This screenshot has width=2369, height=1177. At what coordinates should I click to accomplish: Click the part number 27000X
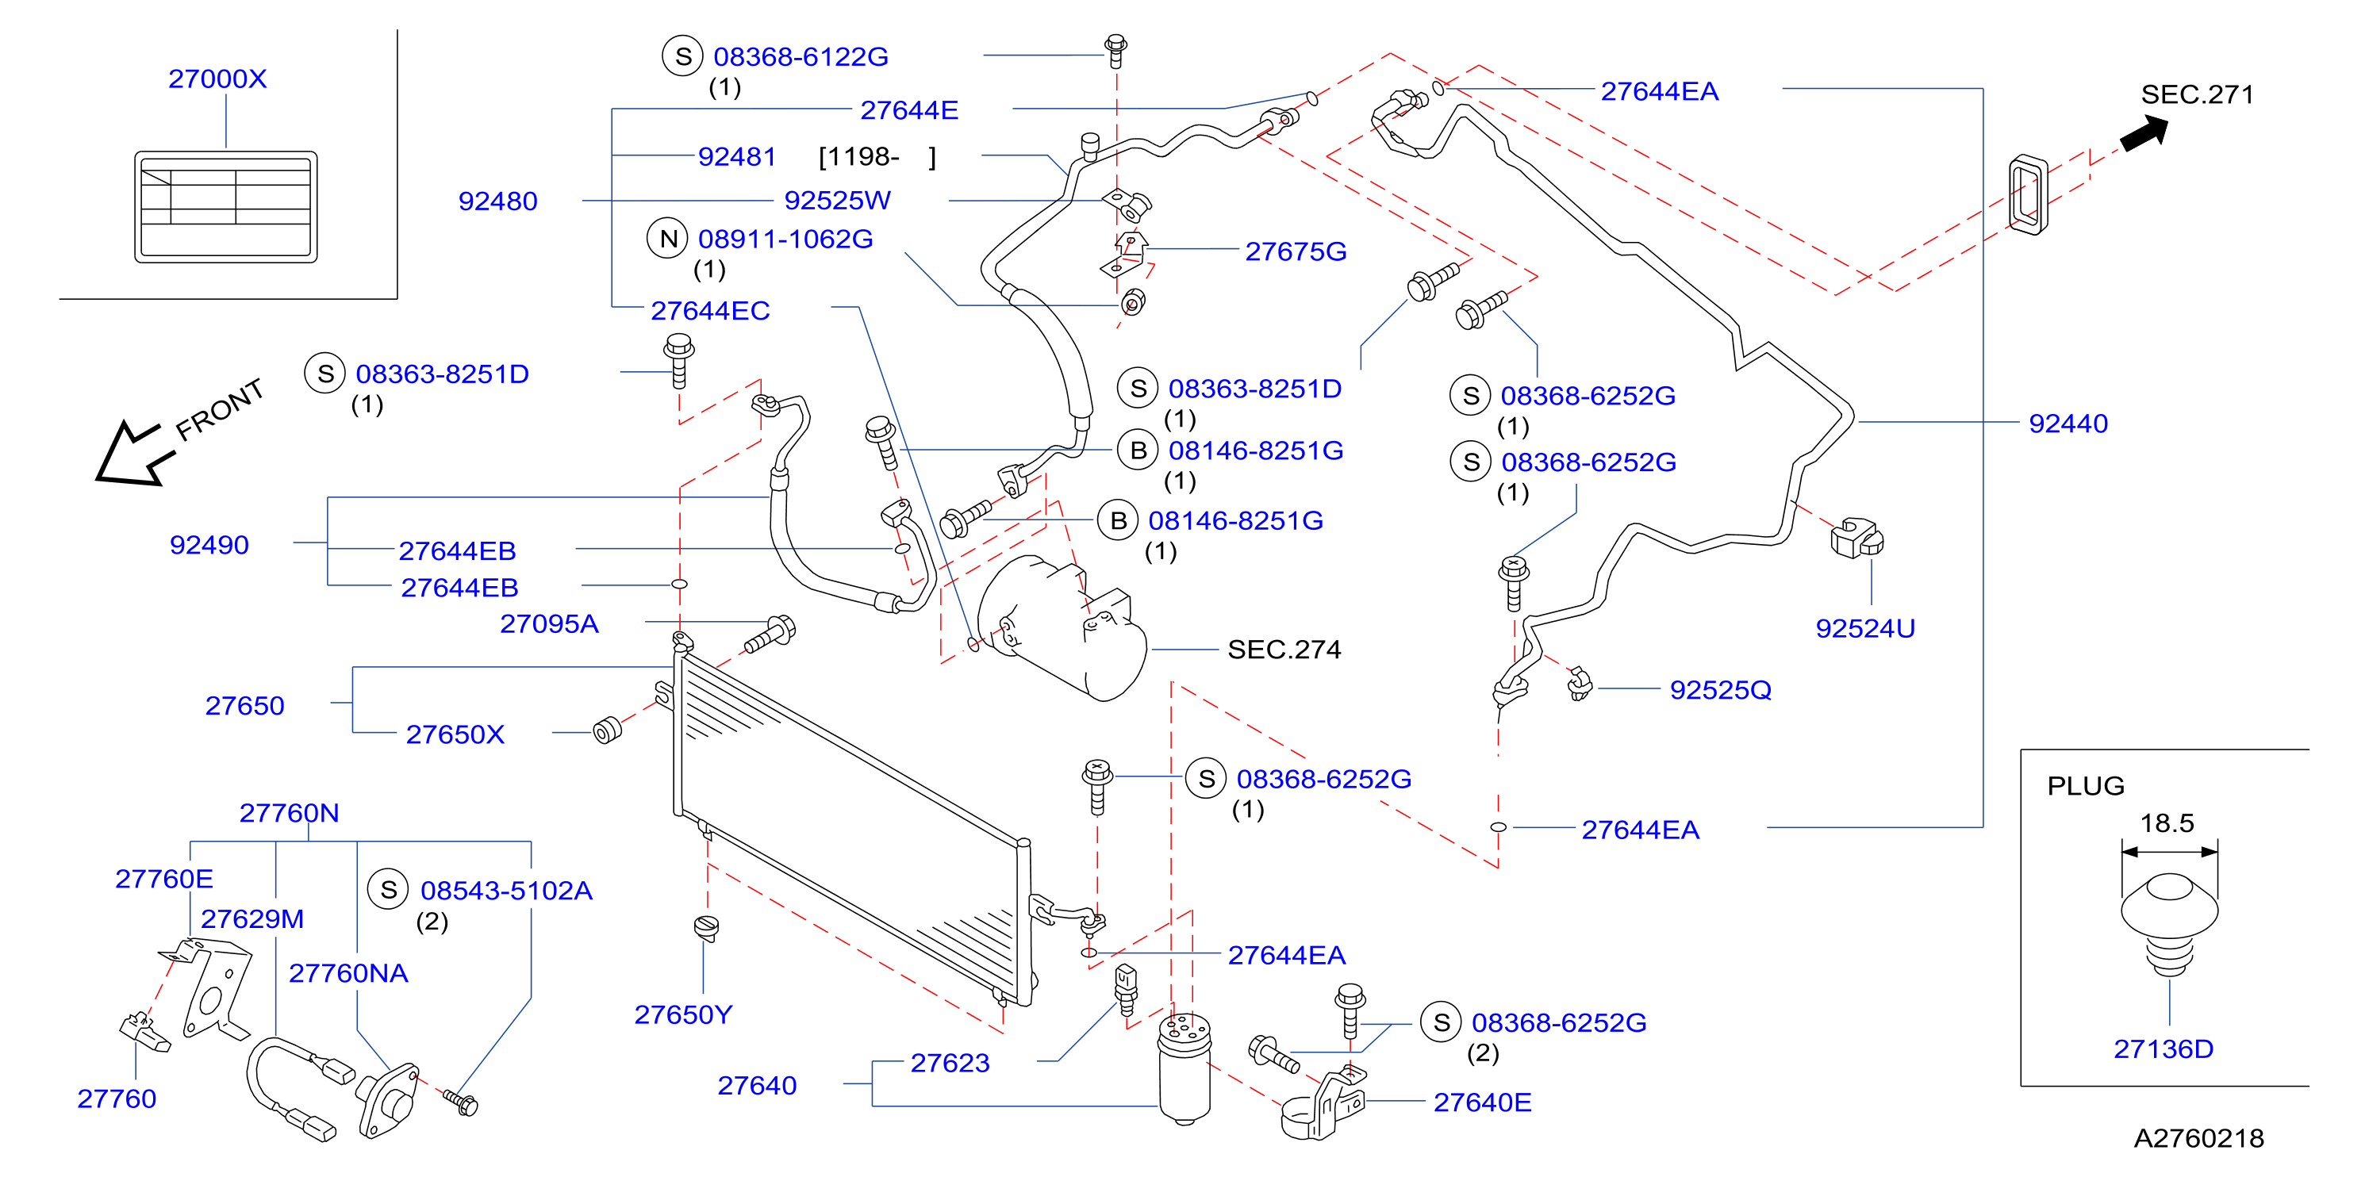coord(217,79)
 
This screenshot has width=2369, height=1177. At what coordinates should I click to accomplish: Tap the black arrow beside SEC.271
coord(2144,133)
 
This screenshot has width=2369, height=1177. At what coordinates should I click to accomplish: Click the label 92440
coord(2068,424)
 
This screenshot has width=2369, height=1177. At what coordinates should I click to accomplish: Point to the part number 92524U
coord(1865,629)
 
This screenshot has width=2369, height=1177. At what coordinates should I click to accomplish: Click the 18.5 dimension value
coord(2167,823)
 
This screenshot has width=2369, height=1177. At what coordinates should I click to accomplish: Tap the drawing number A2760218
coord(2199,1138)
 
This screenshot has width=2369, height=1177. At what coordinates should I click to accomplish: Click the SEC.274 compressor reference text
coord(1284,650)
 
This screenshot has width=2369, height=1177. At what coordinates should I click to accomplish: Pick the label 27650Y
coord(683,1015)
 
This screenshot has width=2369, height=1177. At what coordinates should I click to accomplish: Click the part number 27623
coord(950,1064)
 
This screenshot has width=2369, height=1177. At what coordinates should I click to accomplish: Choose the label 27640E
coord(1483,1102)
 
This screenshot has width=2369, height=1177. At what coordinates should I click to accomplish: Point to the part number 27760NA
coord(348,974)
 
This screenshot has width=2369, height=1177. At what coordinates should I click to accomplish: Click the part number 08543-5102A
coord(507,891)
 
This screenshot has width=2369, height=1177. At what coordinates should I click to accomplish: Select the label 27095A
coord(549,624)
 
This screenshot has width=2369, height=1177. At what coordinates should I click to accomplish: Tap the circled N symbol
coord(668,239)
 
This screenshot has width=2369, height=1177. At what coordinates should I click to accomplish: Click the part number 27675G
coord(1296,252)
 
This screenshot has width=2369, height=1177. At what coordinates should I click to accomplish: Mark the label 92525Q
coord(1721,691)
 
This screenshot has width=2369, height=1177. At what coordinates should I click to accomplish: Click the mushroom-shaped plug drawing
coord(2169,923)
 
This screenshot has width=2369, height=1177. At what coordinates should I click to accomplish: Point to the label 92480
coord(497,201)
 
